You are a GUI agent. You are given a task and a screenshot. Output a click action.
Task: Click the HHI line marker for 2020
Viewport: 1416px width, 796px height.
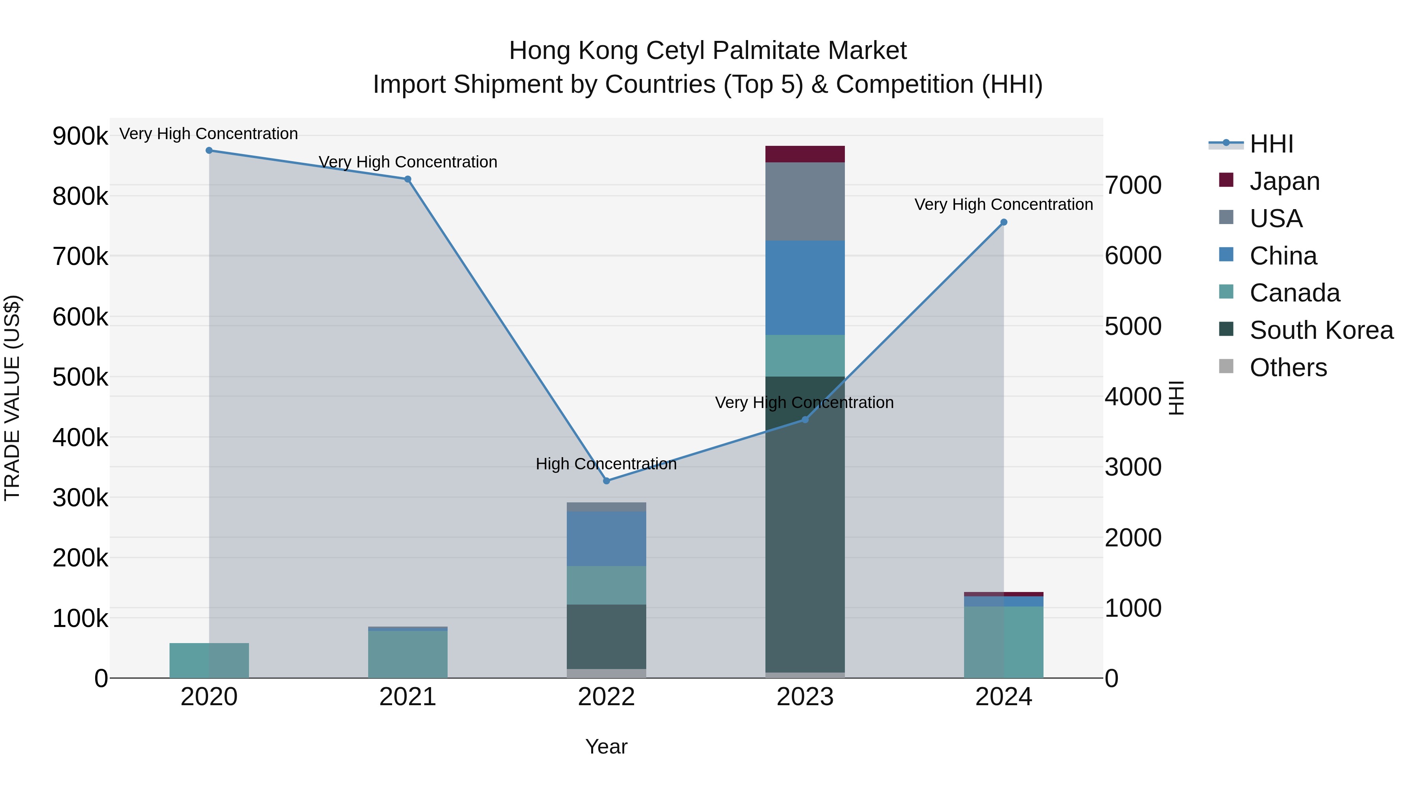click(209, 151)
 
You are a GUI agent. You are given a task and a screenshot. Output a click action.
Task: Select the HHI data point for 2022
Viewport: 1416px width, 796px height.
click(606, 481)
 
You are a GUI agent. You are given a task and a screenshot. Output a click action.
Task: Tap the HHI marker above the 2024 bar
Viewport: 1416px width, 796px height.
click(1004, 222)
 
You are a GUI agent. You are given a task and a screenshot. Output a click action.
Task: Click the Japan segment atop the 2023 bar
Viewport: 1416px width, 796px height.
click(805, 154)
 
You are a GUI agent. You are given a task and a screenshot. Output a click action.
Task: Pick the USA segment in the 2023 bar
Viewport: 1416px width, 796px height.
click(805, 202)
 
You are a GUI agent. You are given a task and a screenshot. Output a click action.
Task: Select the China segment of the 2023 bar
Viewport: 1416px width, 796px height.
click(805, 288)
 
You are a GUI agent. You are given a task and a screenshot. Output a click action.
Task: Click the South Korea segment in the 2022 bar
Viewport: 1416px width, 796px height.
click(606, 637)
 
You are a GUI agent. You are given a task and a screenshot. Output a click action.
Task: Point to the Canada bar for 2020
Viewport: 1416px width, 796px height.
click(209, 660)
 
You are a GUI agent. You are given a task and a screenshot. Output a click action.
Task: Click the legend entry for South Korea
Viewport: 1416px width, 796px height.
click(1321, 330)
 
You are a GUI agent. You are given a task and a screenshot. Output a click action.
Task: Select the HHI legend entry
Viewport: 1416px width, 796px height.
click(1271, 144)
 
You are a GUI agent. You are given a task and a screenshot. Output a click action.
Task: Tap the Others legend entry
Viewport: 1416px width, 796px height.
click(1288, 368)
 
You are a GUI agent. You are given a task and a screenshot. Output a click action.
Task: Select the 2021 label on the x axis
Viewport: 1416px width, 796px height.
click(407, 697)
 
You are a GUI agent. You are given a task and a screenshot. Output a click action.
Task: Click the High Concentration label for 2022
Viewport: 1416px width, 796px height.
click(606, 464)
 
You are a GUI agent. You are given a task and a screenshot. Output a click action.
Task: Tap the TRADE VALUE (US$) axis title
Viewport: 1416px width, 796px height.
click(12, 398)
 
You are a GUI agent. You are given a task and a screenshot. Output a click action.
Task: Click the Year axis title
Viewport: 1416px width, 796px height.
click(606, 746)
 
